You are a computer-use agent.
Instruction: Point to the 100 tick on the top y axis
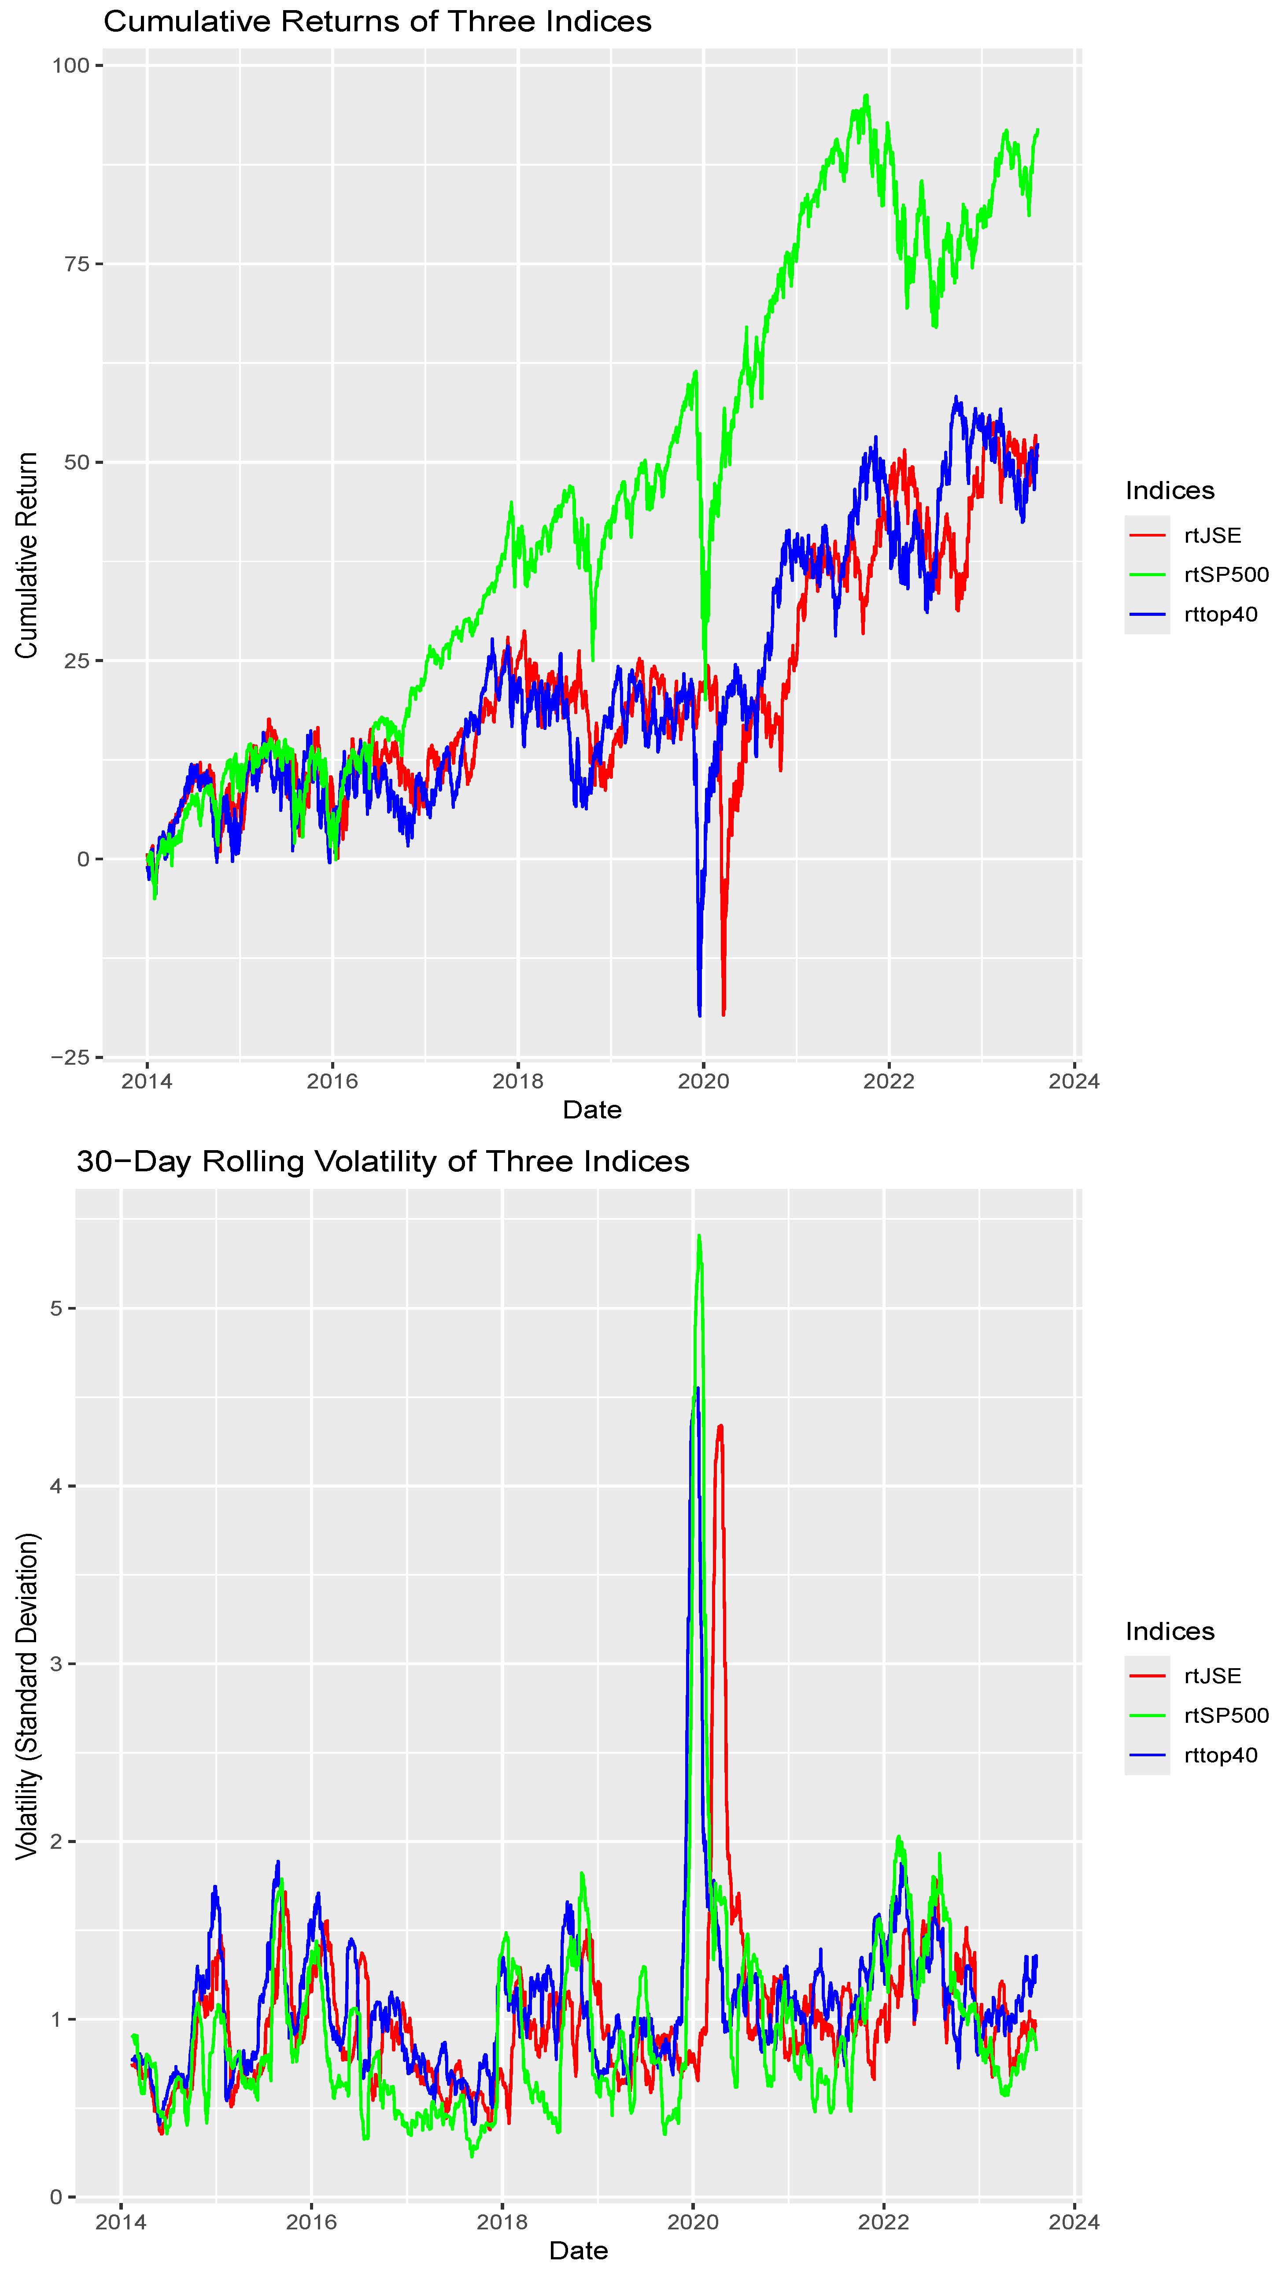pyautogui.click(x=70, y=65)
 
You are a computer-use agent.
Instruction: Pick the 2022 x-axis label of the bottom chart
pyautogui.click(x=883, y=2222)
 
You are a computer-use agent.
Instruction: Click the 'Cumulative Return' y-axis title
pyautogui.click(x=26, y=555)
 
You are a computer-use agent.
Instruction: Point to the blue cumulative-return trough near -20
pyautogui.click(x=700, y=1015)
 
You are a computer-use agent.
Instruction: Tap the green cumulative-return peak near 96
pyautogui.click(x=866, y=95)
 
